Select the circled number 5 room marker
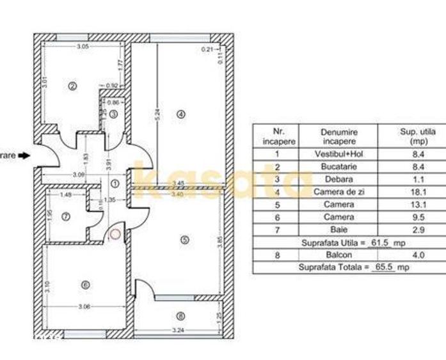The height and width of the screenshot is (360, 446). pos(185,240)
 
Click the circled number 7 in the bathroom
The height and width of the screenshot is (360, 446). pos(65,217)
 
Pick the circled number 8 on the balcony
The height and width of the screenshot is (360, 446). pos(181,315)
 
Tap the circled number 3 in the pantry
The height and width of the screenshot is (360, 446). pos(113,114)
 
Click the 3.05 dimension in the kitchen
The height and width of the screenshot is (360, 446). pos(83,47)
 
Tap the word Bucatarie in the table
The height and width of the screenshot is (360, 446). pos(339,166)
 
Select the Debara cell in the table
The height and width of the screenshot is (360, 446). pos(339,179)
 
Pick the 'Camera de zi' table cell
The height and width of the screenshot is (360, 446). pos(339,192)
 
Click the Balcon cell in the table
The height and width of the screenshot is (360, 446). pos(339,255)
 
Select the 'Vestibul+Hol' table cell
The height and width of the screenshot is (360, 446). pos(339,154)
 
